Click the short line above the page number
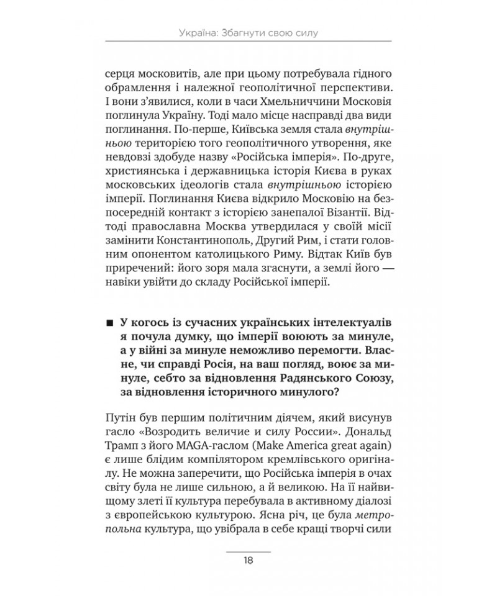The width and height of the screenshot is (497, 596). [x=248, y=550]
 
